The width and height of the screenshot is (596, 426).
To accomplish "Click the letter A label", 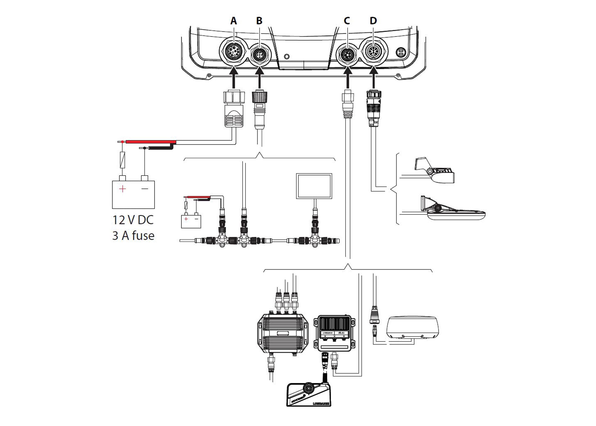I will pyautogui.click(x=233, y=21).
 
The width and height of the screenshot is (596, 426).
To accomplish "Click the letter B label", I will pyautogui.click(x=259, y=21).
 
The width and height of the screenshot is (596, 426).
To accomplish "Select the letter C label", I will pyautogui.click(x=347, y=21).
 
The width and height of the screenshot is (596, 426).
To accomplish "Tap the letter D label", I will pyautogui.click(x=373, y=21).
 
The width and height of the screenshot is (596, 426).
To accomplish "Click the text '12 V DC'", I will pyautogui.click(x=133, y=220).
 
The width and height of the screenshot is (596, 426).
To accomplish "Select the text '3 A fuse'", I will pyautogui.click(x=133, y=236).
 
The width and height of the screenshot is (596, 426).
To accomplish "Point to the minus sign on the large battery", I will pyautogui.click(x=145, y=189).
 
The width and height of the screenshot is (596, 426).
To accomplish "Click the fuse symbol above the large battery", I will pyautogui.click(x=122, y=160).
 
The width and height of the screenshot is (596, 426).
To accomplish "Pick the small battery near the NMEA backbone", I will pyautogui.click(x=191, y=221).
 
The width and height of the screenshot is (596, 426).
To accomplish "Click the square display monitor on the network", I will pyautogui.click(x=314, y=186).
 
